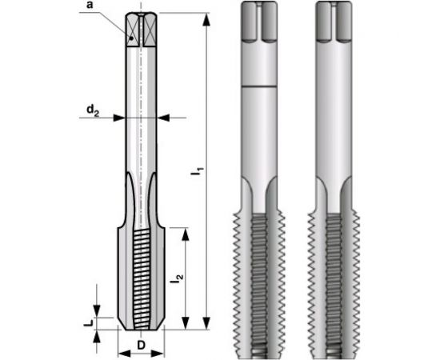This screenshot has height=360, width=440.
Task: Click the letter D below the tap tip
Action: coord(141,345)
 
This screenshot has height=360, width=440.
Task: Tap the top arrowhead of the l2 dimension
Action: coord(186,233)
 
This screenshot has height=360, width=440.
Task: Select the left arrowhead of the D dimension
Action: coord(122,352)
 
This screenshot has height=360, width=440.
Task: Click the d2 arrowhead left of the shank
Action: coord(121,118)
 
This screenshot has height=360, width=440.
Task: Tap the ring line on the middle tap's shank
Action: coord(262,85)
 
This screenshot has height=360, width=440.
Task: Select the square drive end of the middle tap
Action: coord(262,24)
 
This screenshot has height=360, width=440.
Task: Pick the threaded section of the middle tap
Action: coord(262,280)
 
